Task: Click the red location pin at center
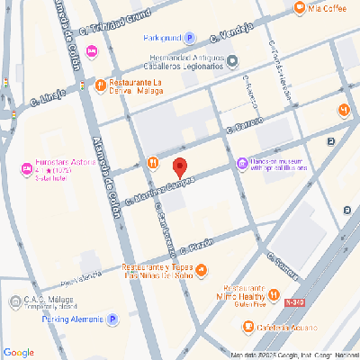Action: pos(179,167)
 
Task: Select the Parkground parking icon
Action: pos(190,39)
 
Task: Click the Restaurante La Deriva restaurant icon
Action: pos(101,85)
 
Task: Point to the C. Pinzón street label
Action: pos(195,243)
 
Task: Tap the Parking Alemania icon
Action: pos(112,319)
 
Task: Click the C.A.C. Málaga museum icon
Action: pos(14,301)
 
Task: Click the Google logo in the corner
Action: pos(19,351)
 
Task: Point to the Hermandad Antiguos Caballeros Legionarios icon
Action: pos(232,61)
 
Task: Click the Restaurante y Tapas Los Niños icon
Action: pos(201,269)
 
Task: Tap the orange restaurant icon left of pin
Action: pos(153,163)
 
